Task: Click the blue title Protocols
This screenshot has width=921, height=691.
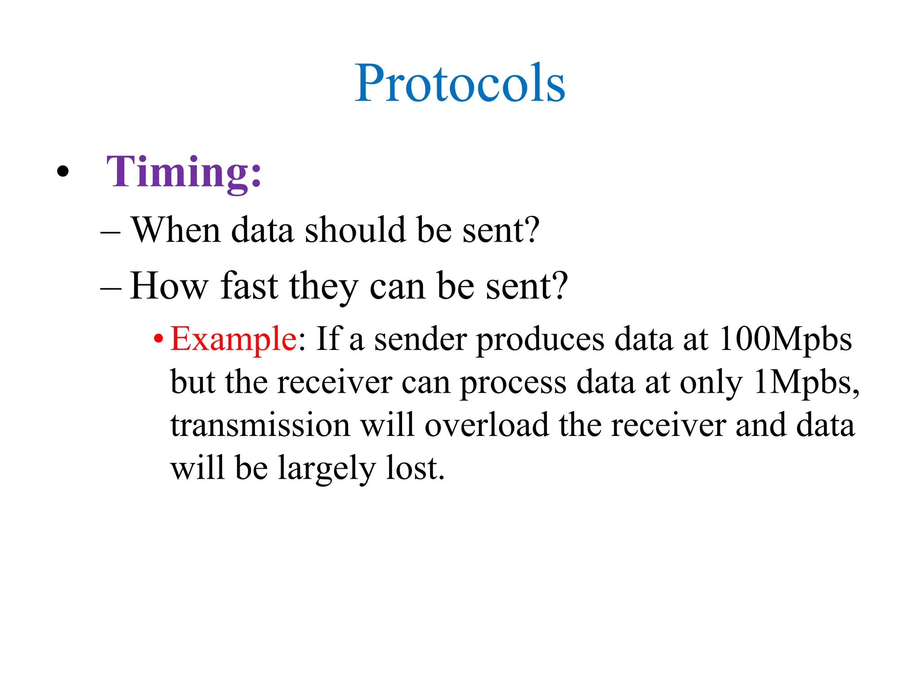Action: point(460,84)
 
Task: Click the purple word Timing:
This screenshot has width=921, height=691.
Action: point(183,173)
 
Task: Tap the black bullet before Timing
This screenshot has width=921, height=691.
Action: point(63,171)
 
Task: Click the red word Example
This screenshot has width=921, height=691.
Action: point(233,339)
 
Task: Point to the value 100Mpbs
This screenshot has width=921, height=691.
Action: point(785,339)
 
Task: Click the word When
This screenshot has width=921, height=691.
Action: point(176,230)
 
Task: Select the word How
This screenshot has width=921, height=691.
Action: point(169,286)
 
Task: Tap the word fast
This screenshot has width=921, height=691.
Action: point(249,286)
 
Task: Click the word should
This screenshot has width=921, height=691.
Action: point(355,230)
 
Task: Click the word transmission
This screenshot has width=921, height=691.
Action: point(260,426)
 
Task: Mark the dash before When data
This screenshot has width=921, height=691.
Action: point(110,233)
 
